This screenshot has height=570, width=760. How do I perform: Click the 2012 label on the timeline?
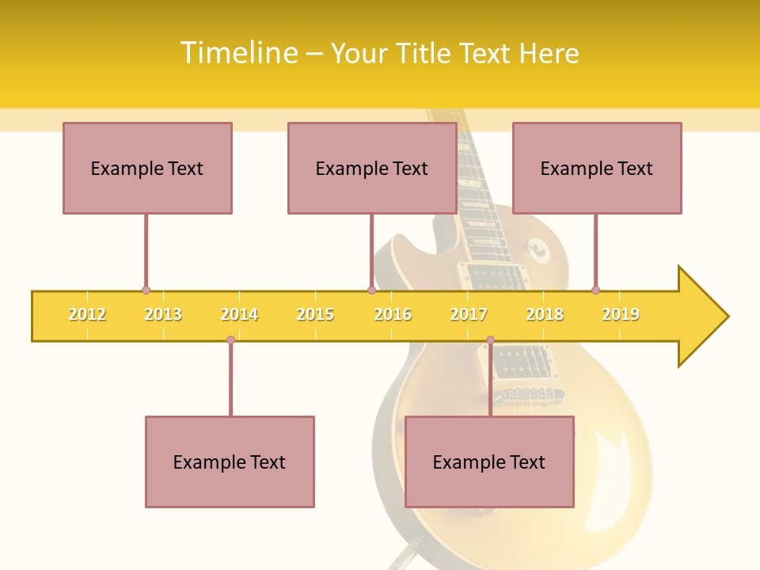click(x=87, y=314)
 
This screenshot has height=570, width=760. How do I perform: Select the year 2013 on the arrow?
click(x=163, y=314)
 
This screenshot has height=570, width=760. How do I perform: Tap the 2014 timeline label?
click(x=239, y=314)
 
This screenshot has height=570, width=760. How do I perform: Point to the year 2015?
click(x=315, y=314)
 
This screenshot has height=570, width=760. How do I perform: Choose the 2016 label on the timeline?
click(x=393, y=314)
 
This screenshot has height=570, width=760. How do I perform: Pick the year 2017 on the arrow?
click(x=469, y=314)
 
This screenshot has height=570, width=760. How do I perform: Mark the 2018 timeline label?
click(x=545, y=314)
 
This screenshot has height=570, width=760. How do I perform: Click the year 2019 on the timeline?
click(x=621, y=314)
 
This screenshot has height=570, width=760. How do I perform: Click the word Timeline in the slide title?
click(x=237, y=53)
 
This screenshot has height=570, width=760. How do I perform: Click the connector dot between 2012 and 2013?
click(x=146, y=290)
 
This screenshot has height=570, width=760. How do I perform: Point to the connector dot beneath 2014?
click(x=230, y=340)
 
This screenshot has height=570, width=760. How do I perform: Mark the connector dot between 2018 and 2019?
click(x=595, y=290)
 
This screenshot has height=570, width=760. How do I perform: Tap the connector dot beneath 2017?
click(x=490, y=340)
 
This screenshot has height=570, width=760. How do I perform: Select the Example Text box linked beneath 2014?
click(x=230, y=462)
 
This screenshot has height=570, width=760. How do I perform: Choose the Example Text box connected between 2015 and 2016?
click(x=372, y=168)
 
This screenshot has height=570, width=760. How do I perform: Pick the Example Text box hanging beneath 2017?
click(x=489, y=462)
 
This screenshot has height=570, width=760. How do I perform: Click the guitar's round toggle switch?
click(x=540, y=252)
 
